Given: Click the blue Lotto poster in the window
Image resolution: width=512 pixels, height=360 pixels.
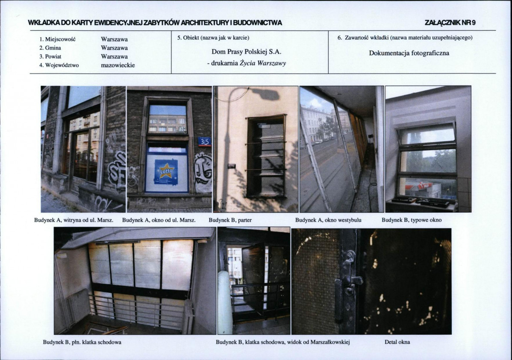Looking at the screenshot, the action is click(x=166, y=171).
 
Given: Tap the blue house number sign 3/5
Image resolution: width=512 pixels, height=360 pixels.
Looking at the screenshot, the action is click(x=205, y=142).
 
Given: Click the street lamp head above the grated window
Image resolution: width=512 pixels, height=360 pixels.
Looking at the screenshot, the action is click(x=266, y=94).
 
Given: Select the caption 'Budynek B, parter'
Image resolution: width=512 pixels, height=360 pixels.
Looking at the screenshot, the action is click(x=230, y=220).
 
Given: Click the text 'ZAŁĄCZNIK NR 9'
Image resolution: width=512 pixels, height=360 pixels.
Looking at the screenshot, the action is click(x=450, y=23).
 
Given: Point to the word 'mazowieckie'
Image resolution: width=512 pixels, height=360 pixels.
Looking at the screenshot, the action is click(x=118, y=65).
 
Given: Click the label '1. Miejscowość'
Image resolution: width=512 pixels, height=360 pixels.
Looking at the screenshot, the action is click(x=57, y=39).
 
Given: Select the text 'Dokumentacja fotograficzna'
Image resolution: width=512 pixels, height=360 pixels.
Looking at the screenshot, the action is click(x=409, y=53).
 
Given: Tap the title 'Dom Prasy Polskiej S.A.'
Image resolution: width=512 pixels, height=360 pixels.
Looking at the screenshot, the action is click(x=247, y=52).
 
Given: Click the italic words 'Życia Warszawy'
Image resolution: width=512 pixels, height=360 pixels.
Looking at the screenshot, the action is click(x=263, y=63).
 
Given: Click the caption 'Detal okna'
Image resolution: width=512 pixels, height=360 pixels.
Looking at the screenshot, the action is click(x=397, y=342).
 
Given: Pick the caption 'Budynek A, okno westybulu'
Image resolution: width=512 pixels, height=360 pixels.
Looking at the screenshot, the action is click(x=328, y=220).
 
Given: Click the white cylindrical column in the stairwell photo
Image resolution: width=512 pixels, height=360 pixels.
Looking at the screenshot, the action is click(x=225, y=302).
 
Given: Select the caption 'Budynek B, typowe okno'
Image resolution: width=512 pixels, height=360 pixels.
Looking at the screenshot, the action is click(x=412, y=220).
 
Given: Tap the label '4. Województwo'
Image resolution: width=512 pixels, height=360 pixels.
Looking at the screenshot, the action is click(x=59, y=65).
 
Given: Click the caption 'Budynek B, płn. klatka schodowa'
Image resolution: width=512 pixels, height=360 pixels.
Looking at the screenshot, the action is click(x=82, y=342).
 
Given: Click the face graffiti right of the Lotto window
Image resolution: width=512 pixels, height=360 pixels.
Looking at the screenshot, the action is click(x=203, y=173).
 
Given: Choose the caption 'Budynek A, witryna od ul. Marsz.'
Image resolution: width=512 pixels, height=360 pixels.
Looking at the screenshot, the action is click(x=74, y=220).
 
